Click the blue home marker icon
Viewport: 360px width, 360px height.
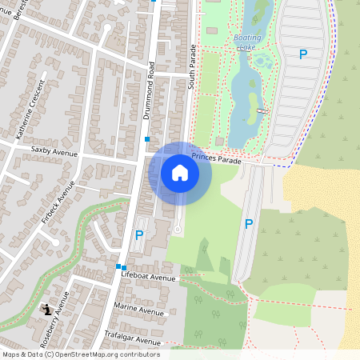tap(180, 173)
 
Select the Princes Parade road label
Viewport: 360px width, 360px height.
tap(215, 159)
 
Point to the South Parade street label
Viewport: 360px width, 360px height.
tap(192, 68)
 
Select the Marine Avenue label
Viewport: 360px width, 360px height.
tap(138, 308)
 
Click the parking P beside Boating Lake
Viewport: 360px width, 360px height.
tap(302, 54)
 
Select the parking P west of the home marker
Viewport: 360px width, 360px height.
tap(139, 235)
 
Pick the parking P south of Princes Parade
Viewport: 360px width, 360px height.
tap(249, 224)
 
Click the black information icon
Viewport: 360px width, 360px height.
tap(48, 309)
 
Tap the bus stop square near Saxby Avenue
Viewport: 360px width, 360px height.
tap(147, 139)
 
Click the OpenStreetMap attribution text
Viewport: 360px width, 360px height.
tap(81, 354)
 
